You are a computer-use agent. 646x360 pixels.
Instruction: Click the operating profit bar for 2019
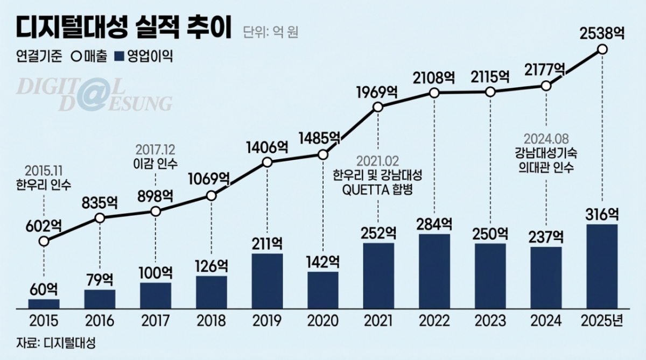267,280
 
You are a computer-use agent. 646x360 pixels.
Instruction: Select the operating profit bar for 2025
602,266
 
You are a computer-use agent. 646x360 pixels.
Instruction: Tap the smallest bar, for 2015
44,303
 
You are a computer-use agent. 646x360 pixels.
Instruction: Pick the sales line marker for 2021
378,108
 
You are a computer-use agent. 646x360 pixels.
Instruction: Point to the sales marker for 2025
602,50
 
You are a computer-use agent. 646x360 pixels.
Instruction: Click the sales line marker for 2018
211,196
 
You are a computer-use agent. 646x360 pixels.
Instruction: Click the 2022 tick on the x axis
434,321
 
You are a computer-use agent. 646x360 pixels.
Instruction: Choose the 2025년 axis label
602,321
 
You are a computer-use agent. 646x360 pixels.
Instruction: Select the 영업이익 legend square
120,56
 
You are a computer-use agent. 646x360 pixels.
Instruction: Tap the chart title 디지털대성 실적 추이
123,29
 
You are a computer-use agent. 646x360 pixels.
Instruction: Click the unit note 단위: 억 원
270,32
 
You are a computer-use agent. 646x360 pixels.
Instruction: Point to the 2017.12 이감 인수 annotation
156,155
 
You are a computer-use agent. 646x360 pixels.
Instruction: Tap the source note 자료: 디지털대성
51,342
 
